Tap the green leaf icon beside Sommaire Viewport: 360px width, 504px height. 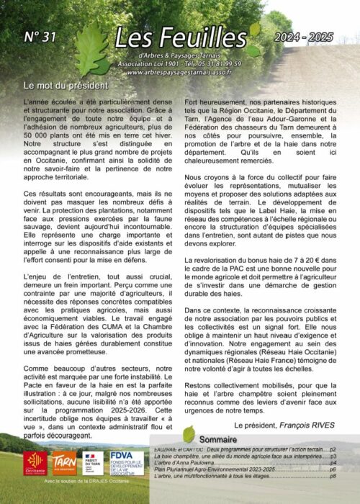click(189, 434)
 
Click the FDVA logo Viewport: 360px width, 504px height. click(126, 462)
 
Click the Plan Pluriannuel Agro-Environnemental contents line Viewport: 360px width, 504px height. click(216, 469)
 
